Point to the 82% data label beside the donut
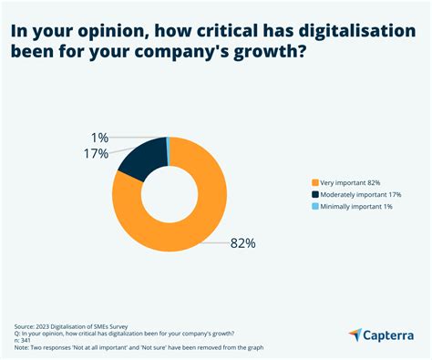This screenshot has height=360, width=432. [x=242, y=243]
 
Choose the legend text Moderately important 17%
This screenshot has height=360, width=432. [x=367, y=194]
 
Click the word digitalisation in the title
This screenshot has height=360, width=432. [x=350, y=31]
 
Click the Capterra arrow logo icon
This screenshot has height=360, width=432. [x=355, y=334]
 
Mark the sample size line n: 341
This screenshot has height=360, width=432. [x=26, y=340]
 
